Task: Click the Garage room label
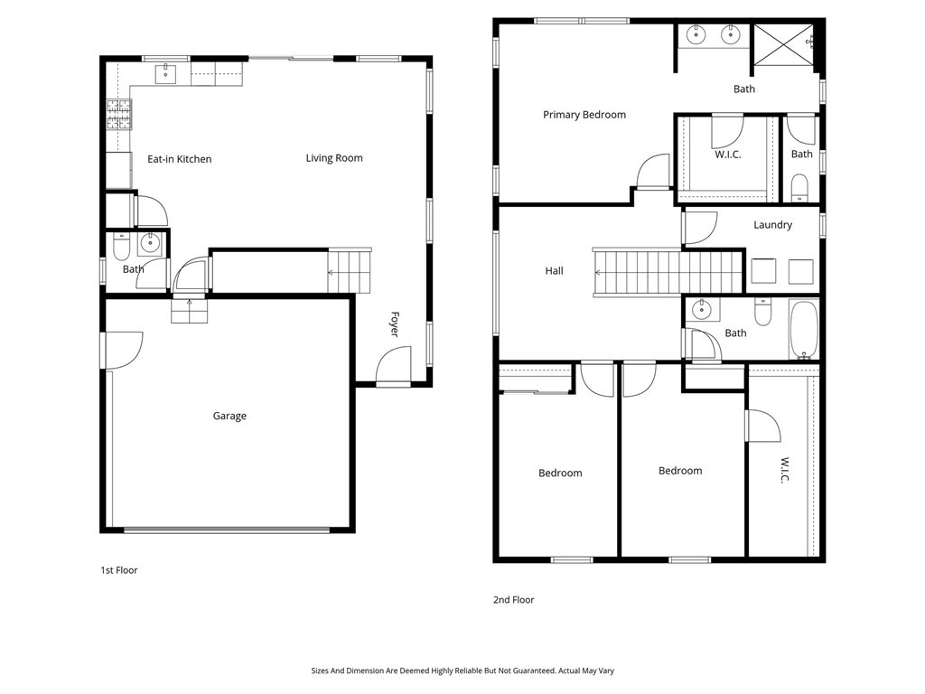click(x=229, y=416)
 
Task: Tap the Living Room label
click(x=334, y=158)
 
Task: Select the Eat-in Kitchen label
click(x=180, y=159)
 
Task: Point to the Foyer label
click(x=395, y=324)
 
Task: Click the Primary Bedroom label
click(x=584, y=115)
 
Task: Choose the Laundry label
click(x=773, y=225)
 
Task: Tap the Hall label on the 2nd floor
click(x=554, y=271)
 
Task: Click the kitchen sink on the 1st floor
click(x=166, y=74)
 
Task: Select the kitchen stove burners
click(x=119, y=115)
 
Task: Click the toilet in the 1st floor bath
click(x=121, y=248)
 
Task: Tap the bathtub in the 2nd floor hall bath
click(x=803, y=330)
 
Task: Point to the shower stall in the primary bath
click(x=784, y=45)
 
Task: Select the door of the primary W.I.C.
click(x=727, y=131)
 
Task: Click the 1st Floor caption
click(x=118, y=570)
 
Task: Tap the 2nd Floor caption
click(x=513, y=600)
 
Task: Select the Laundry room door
click(x=700, y=229)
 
